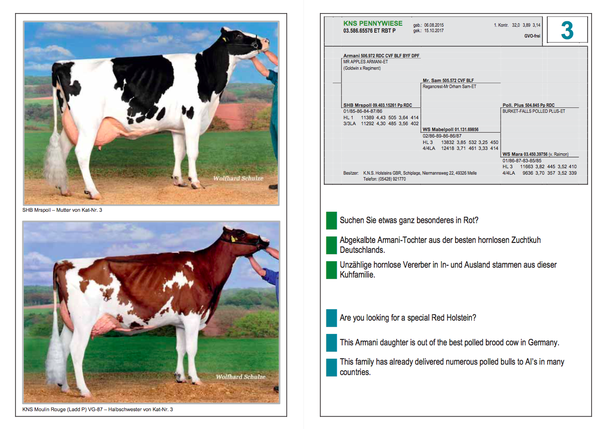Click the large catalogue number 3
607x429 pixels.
[x=567, y=30]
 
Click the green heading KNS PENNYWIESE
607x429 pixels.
[x=373, y=24]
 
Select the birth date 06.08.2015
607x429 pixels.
[x=434, y=25]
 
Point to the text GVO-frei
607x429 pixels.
[x=532, y=36]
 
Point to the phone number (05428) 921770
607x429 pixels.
[x=392, y=179]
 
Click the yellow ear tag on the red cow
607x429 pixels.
[x=233, y=239]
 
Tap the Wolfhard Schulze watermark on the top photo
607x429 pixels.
[x=238, y=178]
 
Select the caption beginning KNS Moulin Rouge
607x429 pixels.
[x=98, y=409]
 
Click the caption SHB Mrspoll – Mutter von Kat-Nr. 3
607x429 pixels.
[x=62, y=210]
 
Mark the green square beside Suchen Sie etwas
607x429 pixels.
[x=331, y=221]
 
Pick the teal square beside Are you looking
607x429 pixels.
[x=331, y=318]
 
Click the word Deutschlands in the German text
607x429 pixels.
[x=362, y=250]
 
